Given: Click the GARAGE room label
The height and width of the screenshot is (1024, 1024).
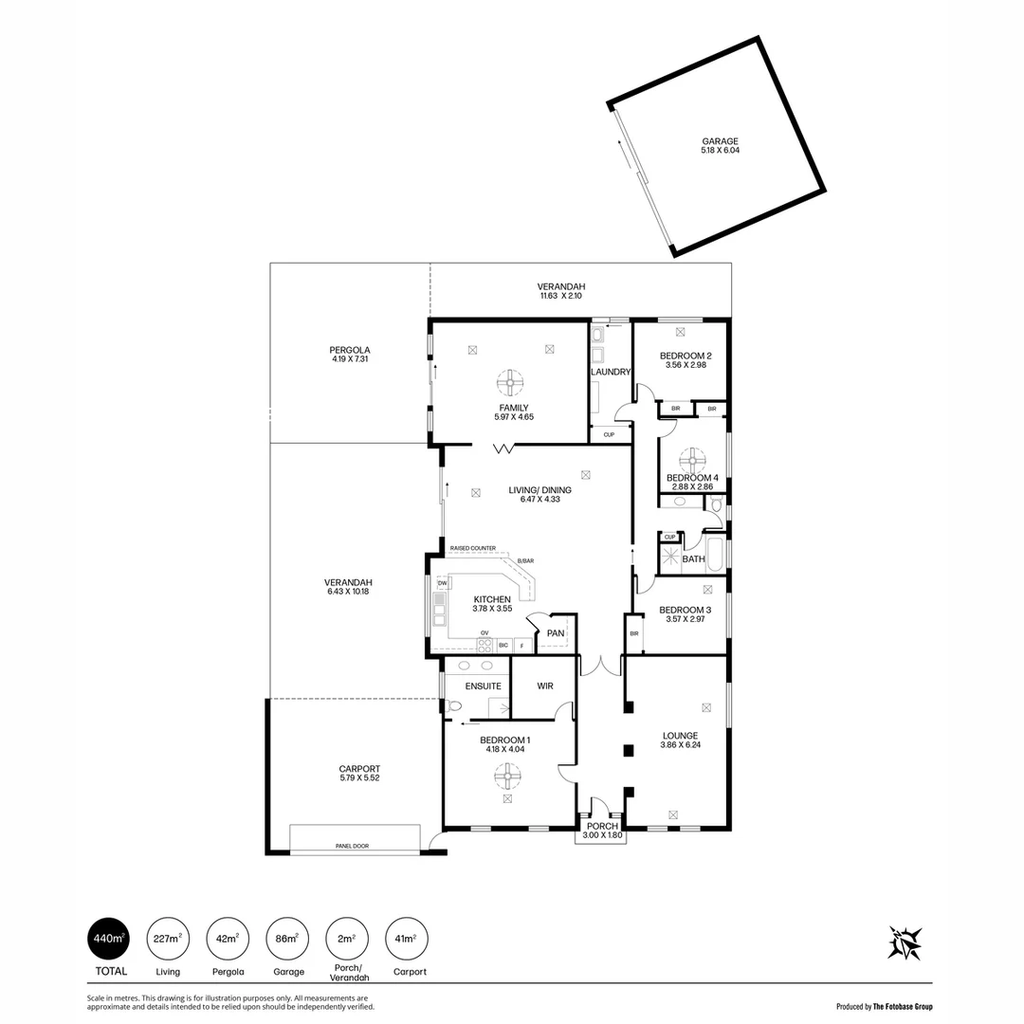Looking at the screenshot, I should tap(720, 141).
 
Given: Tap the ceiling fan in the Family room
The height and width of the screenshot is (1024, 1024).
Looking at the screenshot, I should tap(509, 384).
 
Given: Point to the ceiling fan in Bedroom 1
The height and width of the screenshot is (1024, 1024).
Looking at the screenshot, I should tap(507, 777).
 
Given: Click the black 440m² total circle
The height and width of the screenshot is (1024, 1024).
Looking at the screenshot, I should tap(108, 939).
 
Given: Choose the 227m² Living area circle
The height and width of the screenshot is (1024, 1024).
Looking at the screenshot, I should tap(168, 939).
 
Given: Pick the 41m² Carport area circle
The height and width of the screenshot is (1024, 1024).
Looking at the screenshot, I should tap(406, 939).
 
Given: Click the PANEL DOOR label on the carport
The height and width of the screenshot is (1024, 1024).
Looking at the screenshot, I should tap(352, 846).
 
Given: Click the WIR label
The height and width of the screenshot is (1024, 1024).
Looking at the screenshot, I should tap(544, 686).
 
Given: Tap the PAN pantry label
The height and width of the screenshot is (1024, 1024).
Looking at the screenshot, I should tap(556, 632).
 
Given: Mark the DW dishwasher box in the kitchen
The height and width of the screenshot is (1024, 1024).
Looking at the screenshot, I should tap(442, 582).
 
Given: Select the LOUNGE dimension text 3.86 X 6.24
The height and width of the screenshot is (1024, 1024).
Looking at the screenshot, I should tap(680, 744).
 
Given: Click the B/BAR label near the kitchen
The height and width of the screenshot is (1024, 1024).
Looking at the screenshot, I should tap(525, 560).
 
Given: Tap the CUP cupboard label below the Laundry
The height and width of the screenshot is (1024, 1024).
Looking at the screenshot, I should tap(609, 434).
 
